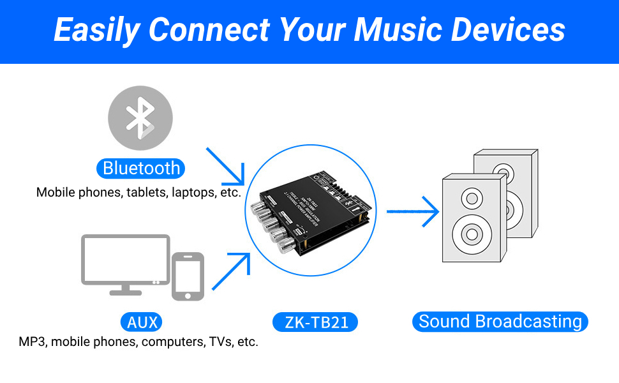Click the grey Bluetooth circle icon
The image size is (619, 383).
140,117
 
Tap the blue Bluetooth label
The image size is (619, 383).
141,168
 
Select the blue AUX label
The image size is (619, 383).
142,322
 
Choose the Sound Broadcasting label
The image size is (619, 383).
500,321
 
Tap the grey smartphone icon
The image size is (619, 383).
188,276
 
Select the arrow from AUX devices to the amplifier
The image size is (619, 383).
230,271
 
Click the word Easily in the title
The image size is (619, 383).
95,30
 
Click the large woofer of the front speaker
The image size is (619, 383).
472,234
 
